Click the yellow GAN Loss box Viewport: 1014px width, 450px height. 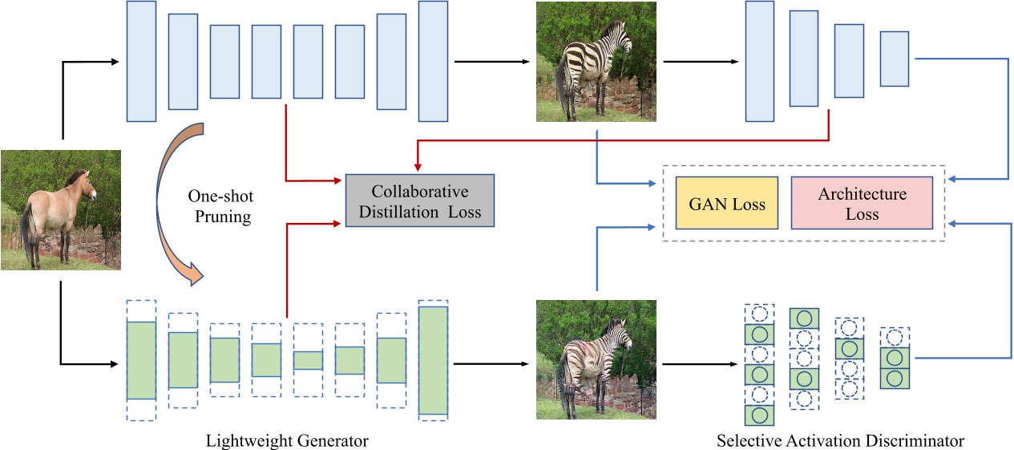click(x=727, y=204)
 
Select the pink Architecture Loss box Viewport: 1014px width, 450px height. click(x=862, y=204)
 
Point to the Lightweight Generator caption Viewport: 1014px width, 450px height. click(x=287, y=440)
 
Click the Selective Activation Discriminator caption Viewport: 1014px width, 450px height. click(x=840, y=440)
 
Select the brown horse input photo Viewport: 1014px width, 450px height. click(x=61, y=209)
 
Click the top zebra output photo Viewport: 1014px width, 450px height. click(x=596, y=62)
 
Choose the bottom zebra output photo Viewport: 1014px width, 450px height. click(x=596, y=359)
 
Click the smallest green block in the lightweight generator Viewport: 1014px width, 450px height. click(x=308, y=360)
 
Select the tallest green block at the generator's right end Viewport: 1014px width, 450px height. click(x=433, y=359)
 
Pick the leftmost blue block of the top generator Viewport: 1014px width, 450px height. click(x=141, y=61)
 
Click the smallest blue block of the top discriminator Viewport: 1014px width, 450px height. click(x=894, y=59)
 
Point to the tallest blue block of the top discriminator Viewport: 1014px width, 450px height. click(x=759, y=61)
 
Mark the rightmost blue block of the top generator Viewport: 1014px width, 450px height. click(x=433, y=61)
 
